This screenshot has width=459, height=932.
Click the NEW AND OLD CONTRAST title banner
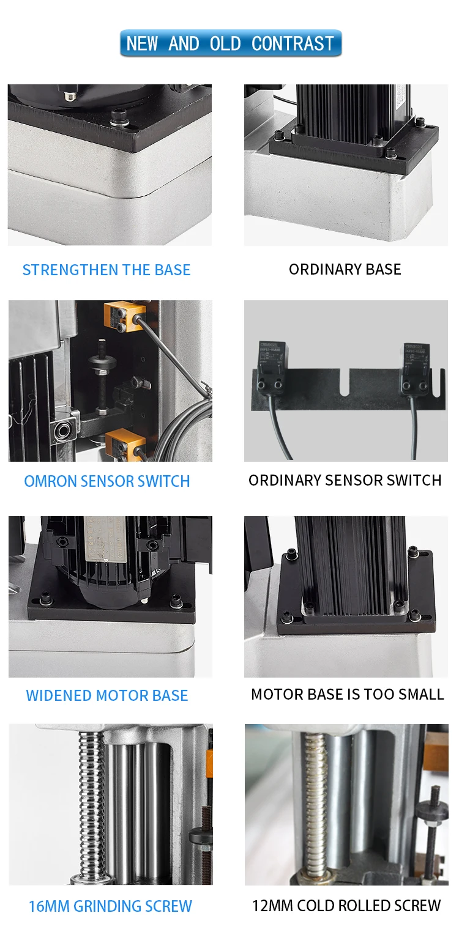pos(230,43)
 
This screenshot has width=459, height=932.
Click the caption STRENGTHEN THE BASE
pos(106,270)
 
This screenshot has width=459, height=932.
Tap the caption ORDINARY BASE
pos(345,269)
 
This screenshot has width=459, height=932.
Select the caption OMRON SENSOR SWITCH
pos(107,481)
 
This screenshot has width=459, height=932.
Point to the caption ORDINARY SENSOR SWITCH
pos(345,480)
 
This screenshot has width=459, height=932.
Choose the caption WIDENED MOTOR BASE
pos(107,695)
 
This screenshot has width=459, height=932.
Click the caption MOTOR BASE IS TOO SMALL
pos(347,694)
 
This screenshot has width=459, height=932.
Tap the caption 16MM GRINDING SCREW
pos(110,906)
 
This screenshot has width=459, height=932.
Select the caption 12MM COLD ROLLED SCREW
pos(346,906)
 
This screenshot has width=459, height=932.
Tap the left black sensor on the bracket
pos(270,367)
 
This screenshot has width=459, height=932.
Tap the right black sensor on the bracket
pos(416,368)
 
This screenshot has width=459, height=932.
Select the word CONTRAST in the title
pos(293,43)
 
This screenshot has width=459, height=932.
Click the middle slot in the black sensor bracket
pos(344,380)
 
